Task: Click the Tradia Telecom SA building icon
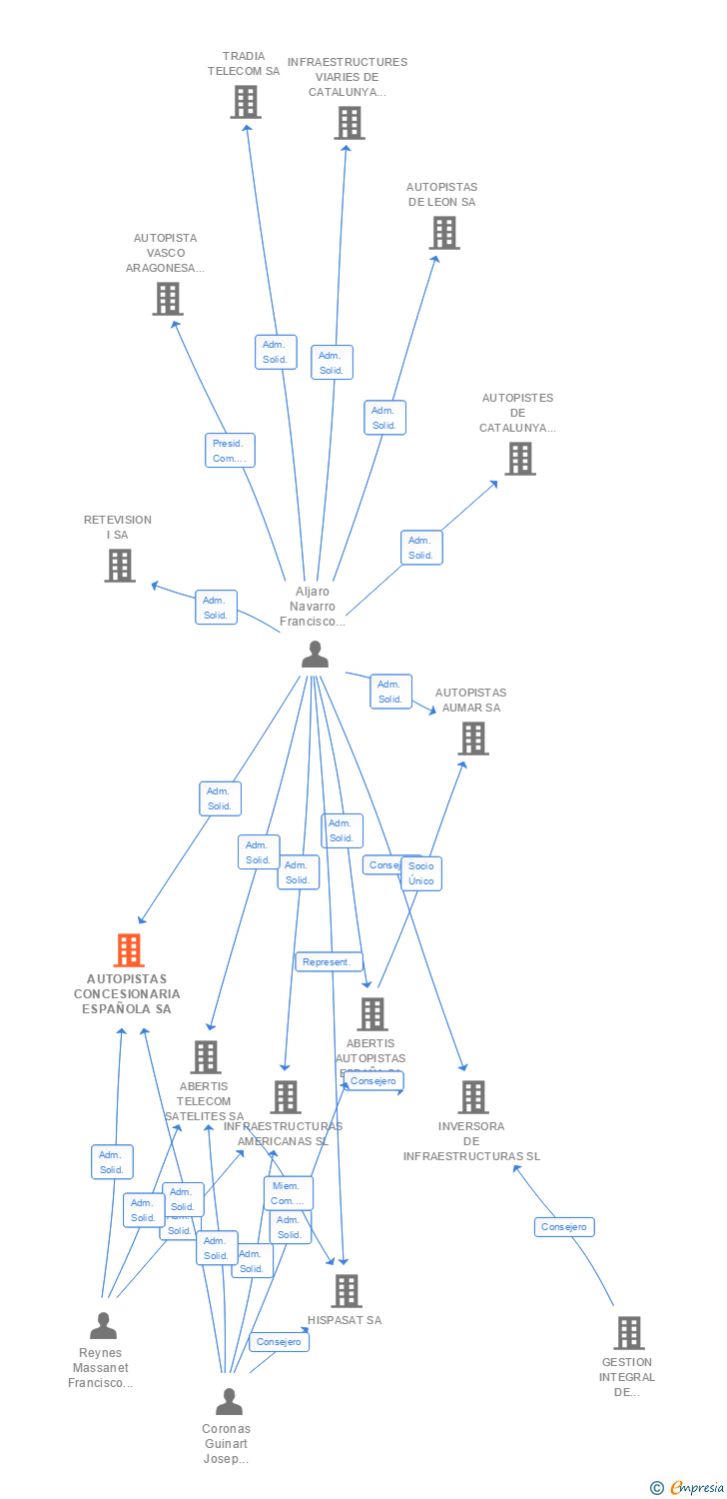coord(245,102)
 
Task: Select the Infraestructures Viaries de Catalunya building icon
coord(349,123)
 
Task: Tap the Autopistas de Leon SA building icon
coord(443,233)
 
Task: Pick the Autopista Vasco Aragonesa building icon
coord(167,298)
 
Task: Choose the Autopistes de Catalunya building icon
coord(519,459)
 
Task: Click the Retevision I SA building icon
coord(120,566)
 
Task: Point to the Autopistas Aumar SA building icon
coord(472,739)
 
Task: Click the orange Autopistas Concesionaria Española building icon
coord(128,950)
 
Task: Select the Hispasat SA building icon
coord(346,1290)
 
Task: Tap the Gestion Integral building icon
coord(628,1332)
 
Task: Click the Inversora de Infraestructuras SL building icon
coord(473,1096)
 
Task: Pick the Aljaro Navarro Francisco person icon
coord(315,655)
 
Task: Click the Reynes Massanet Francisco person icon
coord(103,1326)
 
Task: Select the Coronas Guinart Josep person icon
coord(229,1402)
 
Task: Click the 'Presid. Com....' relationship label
coord(230,450)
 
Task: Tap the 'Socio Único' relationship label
coord(420,873)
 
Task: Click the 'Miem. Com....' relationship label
coord(288,1193)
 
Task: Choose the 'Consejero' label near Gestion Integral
coord(564,1227)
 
